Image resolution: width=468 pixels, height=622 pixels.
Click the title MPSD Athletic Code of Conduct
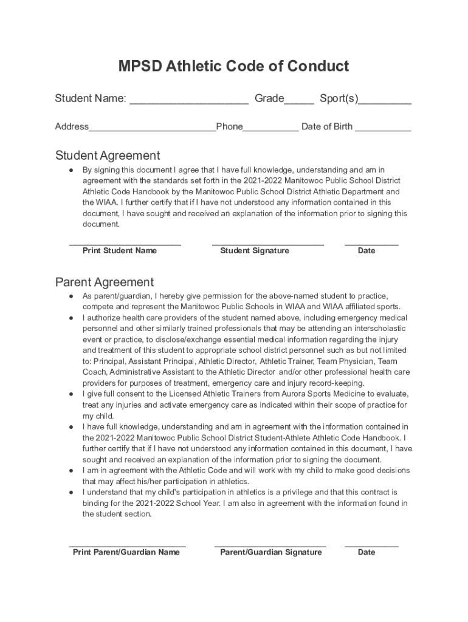233,66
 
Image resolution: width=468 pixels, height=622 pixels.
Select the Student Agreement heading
108,155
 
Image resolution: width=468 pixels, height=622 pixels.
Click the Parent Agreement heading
105,282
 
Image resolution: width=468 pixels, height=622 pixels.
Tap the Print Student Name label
120,251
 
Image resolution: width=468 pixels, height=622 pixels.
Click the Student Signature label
255,251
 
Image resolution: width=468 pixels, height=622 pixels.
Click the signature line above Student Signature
267,244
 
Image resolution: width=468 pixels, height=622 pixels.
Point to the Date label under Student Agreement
366,251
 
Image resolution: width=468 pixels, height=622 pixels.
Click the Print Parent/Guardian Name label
126,552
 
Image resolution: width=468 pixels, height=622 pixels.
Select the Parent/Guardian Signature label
271,552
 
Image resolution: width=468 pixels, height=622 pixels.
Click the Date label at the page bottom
366,552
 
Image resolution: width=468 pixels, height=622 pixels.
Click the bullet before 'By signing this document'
72,170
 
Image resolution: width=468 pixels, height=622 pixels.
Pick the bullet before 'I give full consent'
72,394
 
